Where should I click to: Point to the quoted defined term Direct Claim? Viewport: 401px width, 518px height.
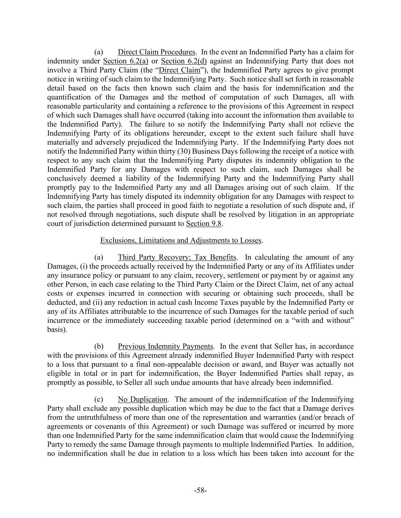click(x=179, y=70)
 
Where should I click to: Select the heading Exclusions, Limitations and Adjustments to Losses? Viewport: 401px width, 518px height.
click(x=181, y=240)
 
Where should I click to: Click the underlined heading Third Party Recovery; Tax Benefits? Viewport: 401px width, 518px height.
click(x=177, y=257)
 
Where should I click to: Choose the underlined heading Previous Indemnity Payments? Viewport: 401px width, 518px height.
click(x=165, y=346)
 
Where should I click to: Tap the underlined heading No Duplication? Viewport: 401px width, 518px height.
click(x=143, y=399)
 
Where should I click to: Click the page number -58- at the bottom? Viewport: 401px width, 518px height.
click(x=200, y=490)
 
